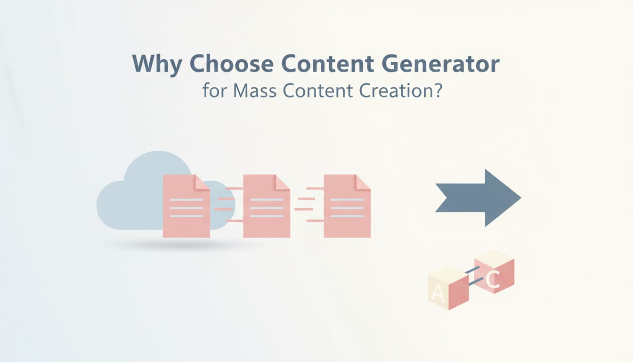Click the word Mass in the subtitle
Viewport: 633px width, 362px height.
click(254, 90)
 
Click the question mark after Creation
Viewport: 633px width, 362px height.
click(437, 90)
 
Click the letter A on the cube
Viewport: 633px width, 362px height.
click(438, 295)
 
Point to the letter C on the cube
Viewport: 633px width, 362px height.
click(493, 280)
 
